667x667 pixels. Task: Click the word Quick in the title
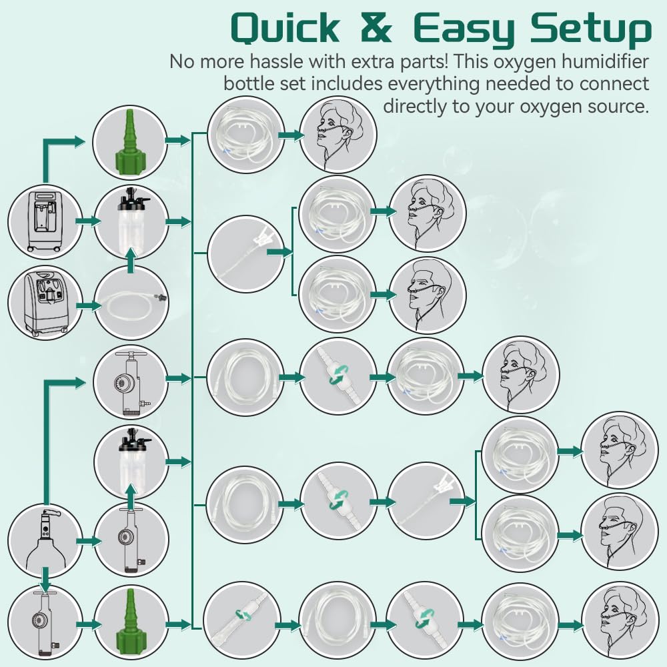click(285, 28)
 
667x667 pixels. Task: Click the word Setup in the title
click(591, 30)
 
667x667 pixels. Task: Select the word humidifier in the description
click(604, 61)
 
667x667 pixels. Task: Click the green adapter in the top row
click(129, 143)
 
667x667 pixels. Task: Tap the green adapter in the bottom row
click(130, 623)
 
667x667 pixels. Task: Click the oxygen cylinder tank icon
click(44, 540)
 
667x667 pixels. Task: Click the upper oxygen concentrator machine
click(44, 222)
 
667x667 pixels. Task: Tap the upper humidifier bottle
click(130, 221)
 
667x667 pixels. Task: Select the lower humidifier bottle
click(130, 461)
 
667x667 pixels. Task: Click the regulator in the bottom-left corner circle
click(44, 623)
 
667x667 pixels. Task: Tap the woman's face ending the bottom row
click(620, 621)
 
